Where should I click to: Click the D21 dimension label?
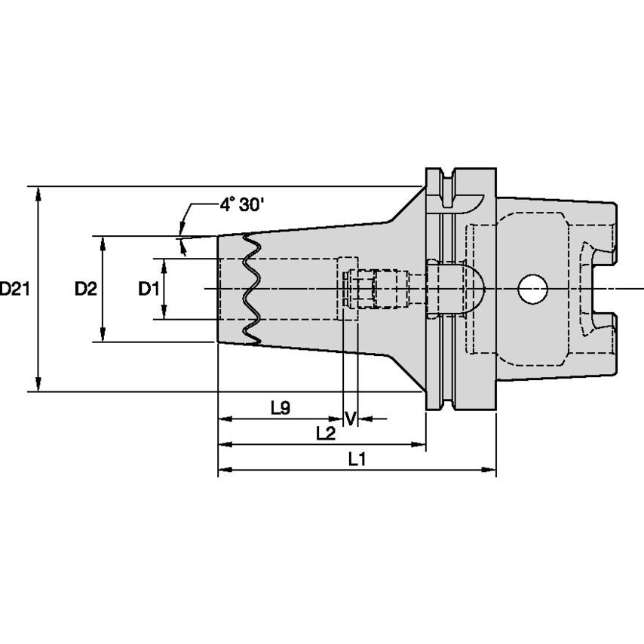click(x=14, y=288)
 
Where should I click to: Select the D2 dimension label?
click(x=85, y=288)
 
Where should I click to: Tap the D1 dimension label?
click(x=148, y=288)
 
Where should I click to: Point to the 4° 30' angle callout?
click(x=241, y=204)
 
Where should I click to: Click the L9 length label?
click(x=280, y=408)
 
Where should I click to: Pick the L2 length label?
click(x=326, y=433)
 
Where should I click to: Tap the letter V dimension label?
click(x=349, y=418)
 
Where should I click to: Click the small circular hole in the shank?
click(x=532, y=289)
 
